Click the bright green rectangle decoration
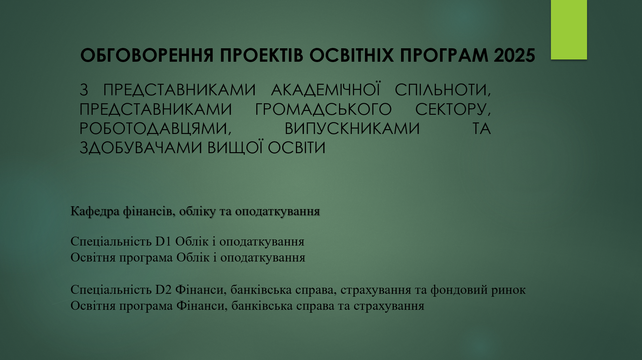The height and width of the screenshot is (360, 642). tap(569, 29)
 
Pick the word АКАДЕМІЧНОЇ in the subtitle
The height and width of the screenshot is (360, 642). tap(325, 90)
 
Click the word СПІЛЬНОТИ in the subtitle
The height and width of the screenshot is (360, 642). tap(442, 90)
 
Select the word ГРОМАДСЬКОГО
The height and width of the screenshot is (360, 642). tap(323, 109)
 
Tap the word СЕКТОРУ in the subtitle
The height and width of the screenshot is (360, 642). tap(452, 109)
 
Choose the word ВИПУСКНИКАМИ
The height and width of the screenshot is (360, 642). tap(352, 129)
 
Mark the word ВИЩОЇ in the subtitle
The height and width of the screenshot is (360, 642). tap(236, 148)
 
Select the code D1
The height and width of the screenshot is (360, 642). tap(164, 241)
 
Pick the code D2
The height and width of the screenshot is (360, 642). tap(164, 290)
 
